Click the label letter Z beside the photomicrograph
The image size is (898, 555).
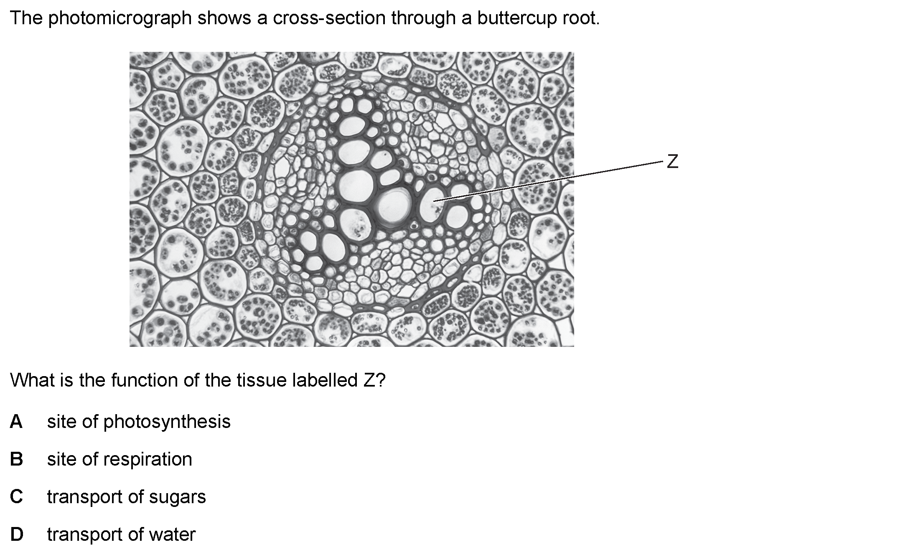(x=672, y=161)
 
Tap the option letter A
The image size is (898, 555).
(x=16, y=421)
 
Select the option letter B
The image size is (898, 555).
(x=16, y=459)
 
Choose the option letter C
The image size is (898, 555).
(x=16, y=496)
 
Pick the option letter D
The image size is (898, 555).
(x=16, y=534)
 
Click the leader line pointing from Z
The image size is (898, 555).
(x=549, y=181)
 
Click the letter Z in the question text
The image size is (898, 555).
(x=369, y=380)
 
